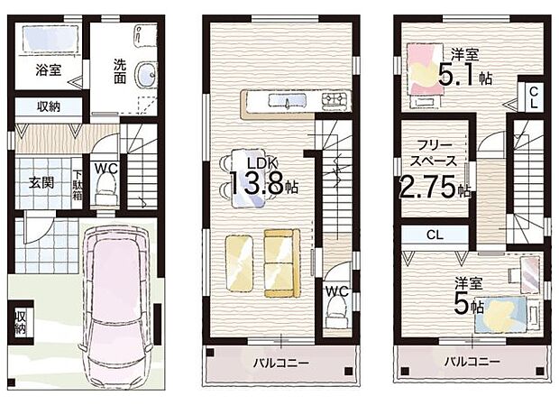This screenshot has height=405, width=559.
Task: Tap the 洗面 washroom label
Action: point(120,70)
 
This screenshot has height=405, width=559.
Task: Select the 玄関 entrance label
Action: point(41,182)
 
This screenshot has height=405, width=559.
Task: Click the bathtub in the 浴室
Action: point(48,39)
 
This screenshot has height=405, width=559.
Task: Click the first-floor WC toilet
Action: point(105,192)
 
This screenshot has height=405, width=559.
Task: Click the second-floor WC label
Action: point(336,291)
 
